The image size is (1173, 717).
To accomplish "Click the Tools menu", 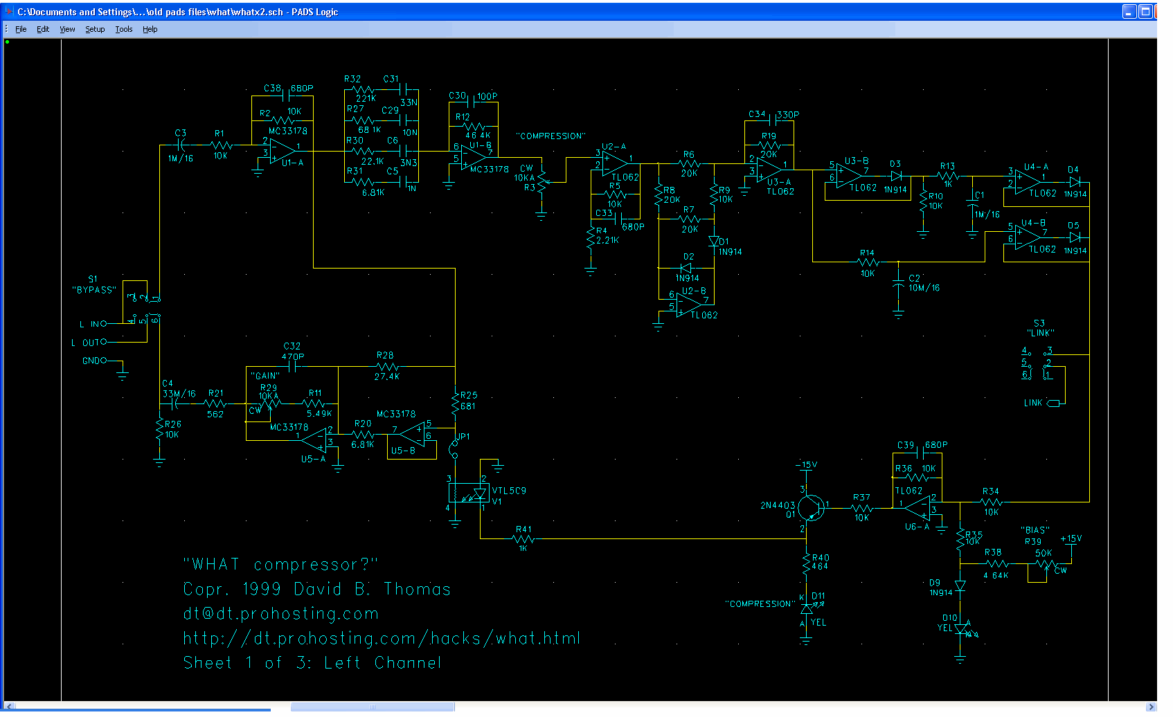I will (123, 29).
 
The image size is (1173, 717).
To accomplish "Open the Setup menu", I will (95, 29).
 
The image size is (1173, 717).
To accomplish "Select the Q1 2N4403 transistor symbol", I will (810, 508).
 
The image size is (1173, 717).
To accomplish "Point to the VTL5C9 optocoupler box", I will (469, 493).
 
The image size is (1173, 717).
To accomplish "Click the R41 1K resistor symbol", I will (523, 538).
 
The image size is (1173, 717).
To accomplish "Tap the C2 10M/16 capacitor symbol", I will (898, 284).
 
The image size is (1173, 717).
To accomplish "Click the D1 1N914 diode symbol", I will (714, 242).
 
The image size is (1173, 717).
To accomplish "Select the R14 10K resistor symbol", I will (868, 262).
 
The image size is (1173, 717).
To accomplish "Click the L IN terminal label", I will (93, 324).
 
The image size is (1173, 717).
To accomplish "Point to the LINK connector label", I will (1032, 403).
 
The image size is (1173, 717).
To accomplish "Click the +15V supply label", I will (1071, 538).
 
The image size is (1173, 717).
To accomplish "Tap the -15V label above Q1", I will (806, 465).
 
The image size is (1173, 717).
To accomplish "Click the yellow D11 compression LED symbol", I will (806, 610).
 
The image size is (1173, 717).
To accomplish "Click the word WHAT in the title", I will (215, 565).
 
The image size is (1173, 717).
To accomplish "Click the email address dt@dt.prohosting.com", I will (280, 614).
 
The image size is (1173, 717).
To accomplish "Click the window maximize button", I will (1145, 11).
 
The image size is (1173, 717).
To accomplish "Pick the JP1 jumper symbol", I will (454, 448).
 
